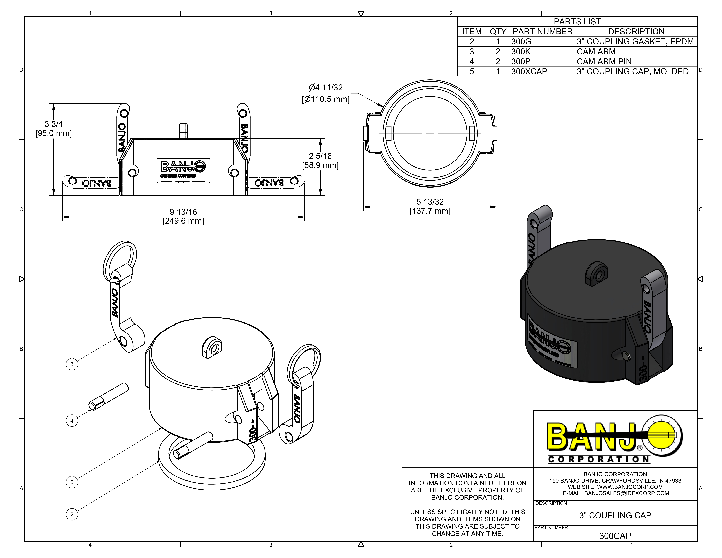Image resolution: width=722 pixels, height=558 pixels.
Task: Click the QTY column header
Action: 498,31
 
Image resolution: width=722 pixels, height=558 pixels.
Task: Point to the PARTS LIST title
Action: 577,21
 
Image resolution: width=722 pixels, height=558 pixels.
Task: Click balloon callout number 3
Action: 72,364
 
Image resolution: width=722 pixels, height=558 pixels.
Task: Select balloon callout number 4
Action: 72,421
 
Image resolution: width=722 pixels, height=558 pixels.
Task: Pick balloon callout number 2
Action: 72,514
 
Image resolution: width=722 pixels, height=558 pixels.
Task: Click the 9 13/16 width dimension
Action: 183,216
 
